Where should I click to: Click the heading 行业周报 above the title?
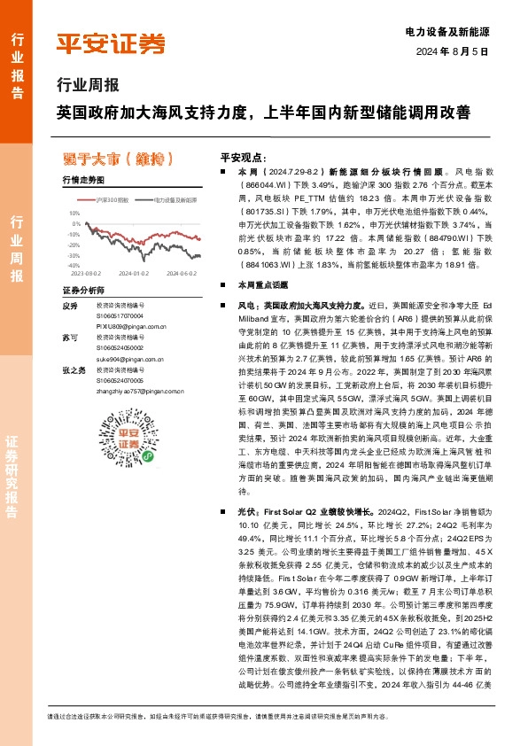pyautogui.click(x=87, y=86)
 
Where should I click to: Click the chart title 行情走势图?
pyautogui.click(x=82, y=180)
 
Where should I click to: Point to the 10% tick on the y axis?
pyautogui.click(x=74, y=213)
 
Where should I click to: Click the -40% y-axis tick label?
pyautogui.click(x=73, y=265)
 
